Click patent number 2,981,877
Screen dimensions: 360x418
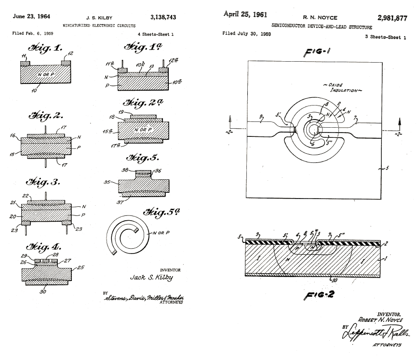391,18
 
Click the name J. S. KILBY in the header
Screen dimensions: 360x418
99,17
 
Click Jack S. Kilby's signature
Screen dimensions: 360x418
151,278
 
